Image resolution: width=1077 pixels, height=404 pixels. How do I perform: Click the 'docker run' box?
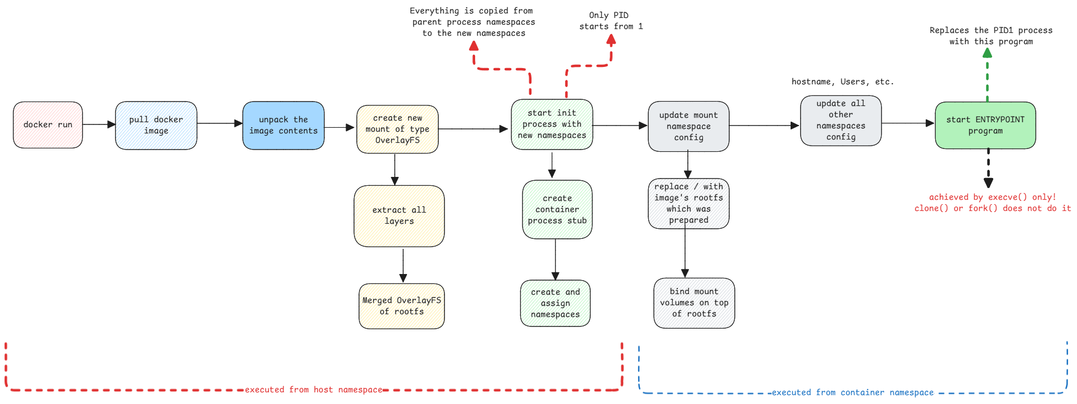pos(48,125)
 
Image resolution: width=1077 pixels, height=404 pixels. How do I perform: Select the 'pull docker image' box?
pos(156,126)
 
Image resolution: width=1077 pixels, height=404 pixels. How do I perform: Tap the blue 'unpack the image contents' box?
pos(284,126)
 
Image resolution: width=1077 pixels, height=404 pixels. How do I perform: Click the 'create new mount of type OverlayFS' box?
pos(398,129)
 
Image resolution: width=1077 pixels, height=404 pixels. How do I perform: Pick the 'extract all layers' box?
pos(399,216)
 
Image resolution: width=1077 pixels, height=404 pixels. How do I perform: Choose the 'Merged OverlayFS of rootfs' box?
pos(401,306)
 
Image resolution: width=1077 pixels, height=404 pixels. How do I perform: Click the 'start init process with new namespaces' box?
pos(552,124)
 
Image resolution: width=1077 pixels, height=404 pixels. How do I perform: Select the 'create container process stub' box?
pos(557,210)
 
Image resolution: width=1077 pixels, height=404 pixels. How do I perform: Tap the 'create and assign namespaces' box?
pos(556,304)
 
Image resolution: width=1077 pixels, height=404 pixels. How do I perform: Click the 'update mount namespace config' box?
pos(688,127)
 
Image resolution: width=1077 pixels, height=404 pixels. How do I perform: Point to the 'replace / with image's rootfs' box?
pos(688,204)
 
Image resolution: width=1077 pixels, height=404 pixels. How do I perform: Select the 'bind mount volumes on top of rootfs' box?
pos(694,303)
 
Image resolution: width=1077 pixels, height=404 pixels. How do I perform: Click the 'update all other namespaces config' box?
pos(841,121)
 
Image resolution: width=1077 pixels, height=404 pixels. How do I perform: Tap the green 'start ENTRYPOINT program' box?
pos(985,126)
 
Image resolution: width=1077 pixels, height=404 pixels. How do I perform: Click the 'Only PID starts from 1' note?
pos(611,21)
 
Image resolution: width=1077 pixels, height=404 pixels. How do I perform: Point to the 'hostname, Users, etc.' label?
pos(843,82)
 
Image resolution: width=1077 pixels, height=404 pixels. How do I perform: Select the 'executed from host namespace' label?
pos(314,390)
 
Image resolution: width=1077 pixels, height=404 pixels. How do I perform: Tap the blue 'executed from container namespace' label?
pos(853,393)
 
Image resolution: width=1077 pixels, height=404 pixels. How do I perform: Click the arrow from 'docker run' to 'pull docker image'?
pos(99,124)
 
